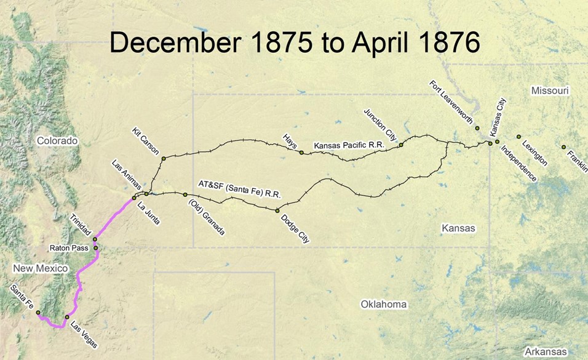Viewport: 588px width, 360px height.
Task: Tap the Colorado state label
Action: [57, 141]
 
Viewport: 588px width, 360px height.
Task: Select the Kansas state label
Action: [458, 228]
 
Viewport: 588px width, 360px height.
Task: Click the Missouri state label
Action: [550, 91]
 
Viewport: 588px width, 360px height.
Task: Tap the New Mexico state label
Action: [39, 269]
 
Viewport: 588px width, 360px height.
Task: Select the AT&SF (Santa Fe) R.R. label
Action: [239, 188]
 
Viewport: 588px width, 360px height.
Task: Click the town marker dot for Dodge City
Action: [277, 210]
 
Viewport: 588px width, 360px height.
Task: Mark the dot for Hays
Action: [301, 152]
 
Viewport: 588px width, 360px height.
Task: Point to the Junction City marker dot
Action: [400, 145]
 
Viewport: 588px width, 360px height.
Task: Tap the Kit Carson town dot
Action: [164, 159]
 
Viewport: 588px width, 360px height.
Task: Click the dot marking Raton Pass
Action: [96, 248]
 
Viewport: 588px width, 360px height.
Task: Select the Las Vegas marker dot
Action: [67, 317]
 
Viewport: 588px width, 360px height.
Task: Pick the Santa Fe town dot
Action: [38, 313]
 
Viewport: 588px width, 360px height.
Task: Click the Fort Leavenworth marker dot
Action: [477, 128]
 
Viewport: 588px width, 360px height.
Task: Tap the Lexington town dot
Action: [518, 137]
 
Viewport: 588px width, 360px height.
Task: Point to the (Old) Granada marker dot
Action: [185, 194]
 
